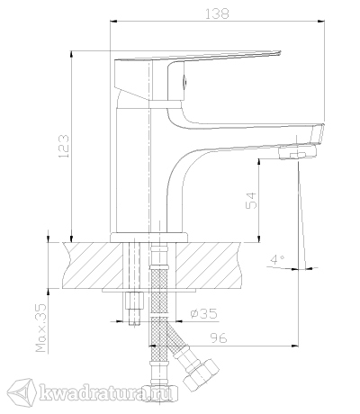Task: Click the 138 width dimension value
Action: coord(217,13)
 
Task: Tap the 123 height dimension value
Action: coord(63,146)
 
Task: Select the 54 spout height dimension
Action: coord(251,201)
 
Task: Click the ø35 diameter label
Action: coord(203,313)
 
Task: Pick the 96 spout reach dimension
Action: coord(218,338)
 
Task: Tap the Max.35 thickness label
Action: coord(41,328)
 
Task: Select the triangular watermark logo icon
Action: coord(22,391)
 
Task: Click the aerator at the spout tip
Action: coord(297,152)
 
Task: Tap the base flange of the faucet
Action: coord(149,238)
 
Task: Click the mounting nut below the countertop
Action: coord(134,301)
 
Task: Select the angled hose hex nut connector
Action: coord(202,374)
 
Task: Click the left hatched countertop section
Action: coord(93,265)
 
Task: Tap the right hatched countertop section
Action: coord(209,265)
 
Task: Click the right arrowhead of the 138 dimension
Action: coord(321,21)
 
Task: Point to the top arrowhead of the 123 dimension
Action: coord(71,55)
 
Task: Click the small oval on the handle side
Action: coord(184,81)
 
